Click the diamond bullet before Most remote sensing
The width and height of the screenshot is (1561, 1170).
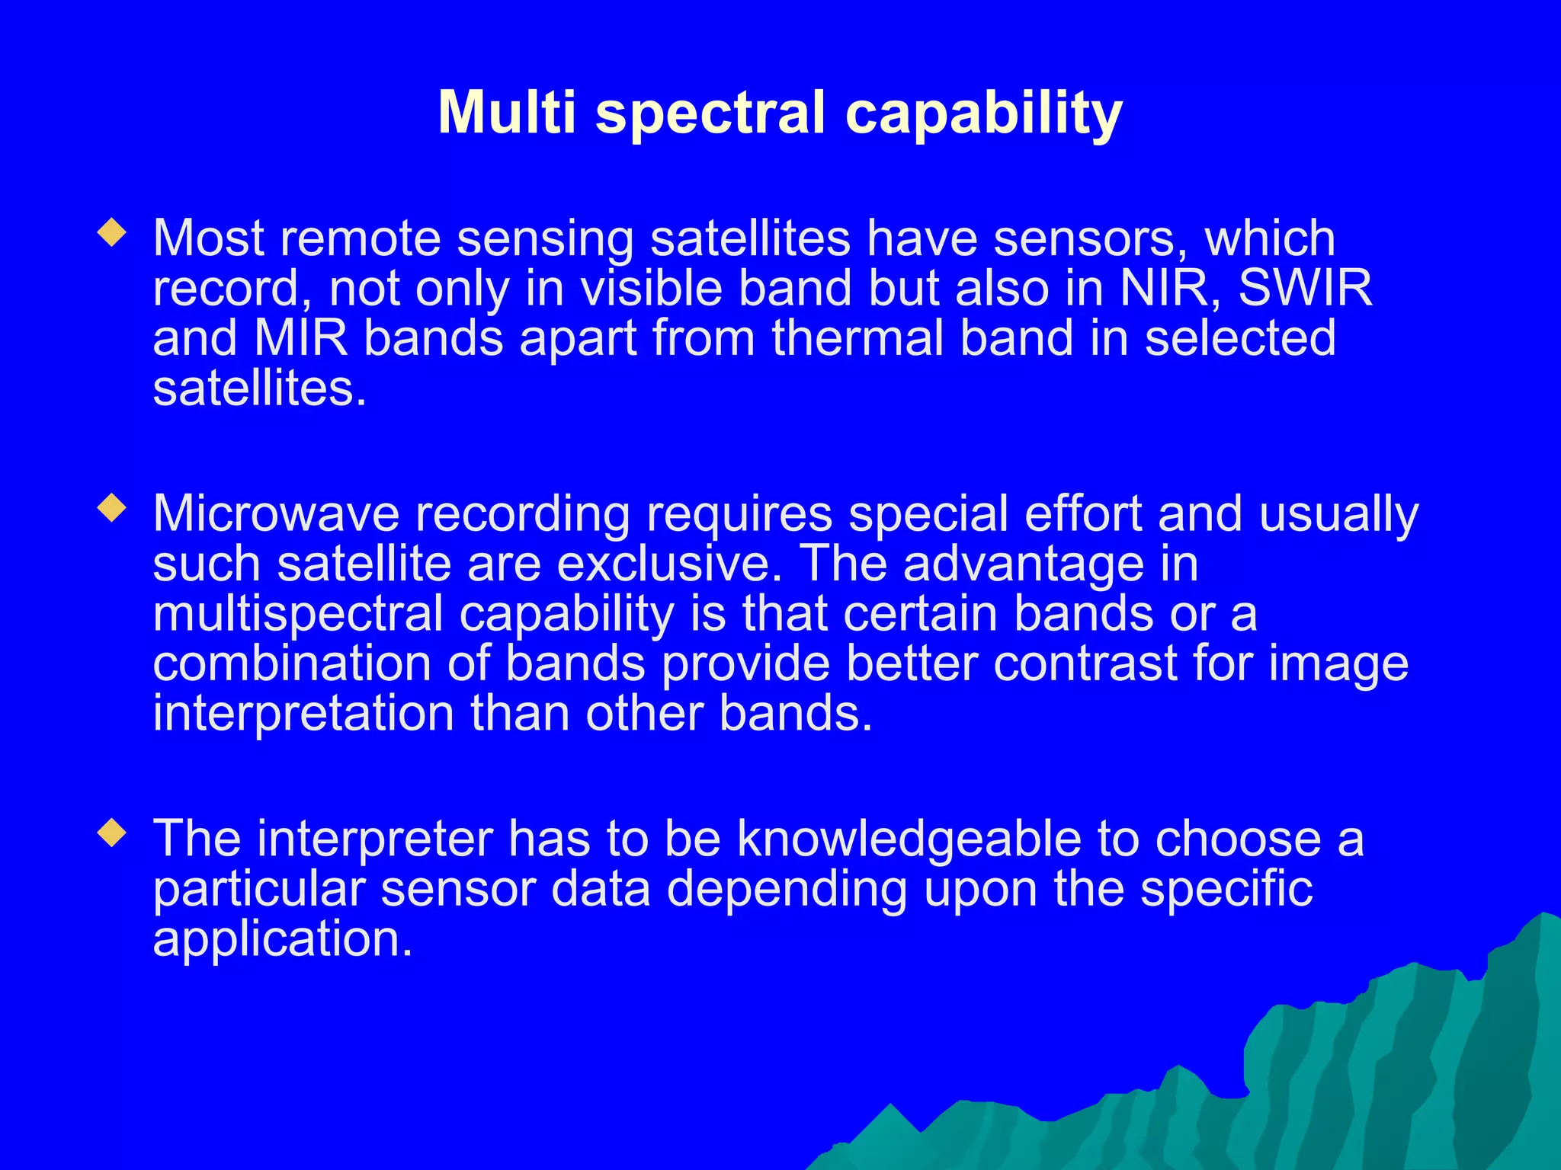[x=112, y=233]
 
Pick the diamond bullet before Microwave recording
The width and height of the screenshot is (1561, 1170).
[x=112, y=508]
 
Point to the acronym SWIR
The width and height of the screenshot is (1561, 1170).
[x=1305, y=289]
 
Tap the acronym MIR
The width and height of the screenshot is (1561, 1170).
[x=301, y=338]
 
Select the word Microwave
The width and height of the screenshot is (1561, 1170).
[x=276, y=513]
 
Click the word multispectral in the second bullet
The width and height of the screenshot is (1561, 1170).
[x=298, y=615]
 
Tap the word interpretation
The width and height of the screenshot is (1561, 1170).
[x=303, y=714]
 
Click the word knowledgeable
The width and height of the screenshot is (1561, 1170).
[x=909, y=839]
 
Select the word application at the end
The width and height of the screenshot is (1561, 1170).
[x=281, y=940]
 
